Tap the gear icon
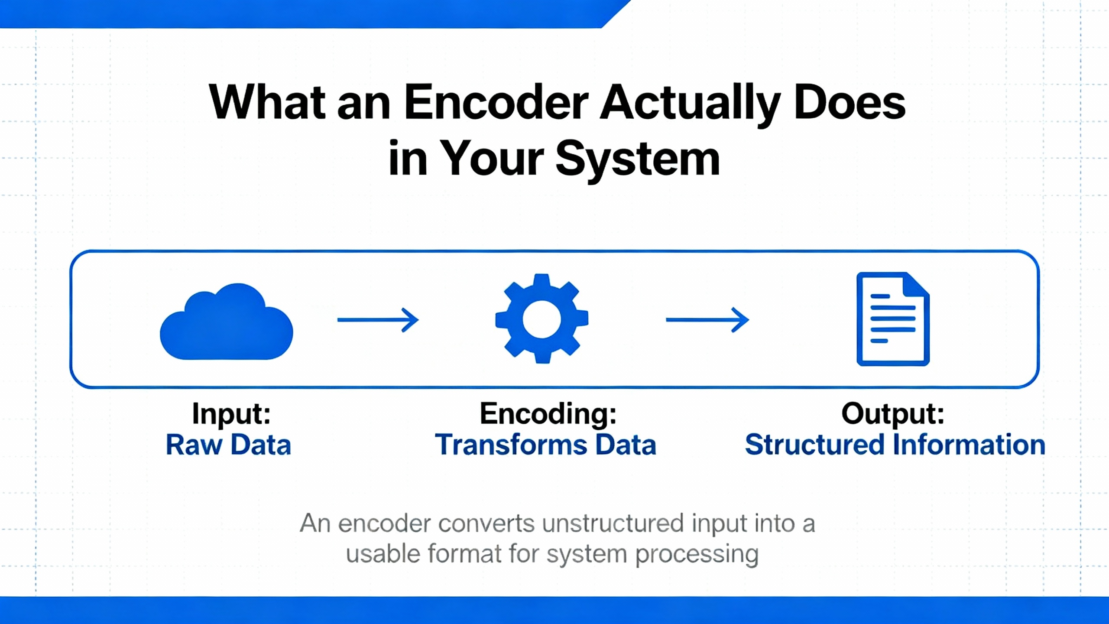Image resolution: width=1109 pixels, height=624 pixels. coord(542,318)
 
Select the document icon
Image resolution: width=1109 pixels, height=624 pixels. coord(893,319)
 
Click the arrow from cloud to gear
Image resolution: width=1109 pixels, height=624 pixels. coord(378,320)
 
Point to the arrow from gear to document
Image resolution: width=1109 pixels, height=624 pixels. coord(707,320)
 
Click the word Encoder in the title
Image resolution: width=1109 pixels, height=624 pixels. coord(496,103)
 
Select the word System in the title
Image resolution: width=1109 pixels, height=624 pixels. coord(638,160)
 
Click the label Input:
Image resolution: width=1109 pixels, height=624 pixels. coord(231,413)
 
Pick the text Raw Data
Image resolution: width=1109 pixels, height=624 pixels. coord(228,445)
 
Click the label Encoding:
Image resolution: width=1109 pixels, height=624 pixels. coord(548,413)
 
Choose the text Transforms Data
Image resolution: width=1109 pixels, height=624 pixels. coord(545,445)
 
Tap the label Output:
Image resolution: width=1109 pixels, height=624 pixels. coord(893,413)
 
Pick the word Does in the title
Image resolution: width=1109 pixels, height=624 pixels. coord(850,103)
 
